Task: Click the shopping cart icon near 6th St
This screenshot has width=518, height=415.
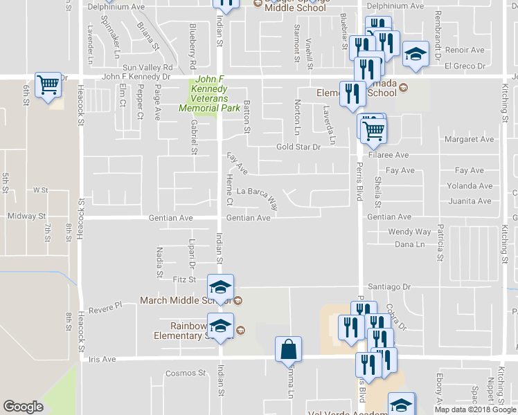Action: [48, 86]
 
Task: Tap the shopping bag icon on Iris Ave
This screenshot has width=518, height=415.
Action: [287, 349]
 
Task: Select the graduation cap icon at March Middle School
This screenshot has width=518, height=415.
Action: [221, 287]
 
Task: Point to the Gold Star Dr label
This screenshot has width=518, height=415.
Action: [298, 147]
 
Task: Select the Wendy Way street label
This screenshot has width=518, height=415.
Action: [409, 232]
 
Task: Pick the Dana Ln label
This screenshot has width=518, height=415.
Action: [409, 244]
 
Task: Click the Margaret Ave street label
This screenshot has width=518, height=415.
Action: [470, 139]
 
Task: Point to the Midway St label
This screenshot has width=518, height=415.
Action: [26, 216]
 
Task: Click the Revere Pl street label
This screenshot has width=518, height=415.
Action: [105, 304]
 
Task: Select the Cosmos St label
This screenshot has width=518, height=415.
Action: [186, 373]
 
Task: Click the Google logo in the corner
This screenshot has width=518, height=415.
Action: [23, 407]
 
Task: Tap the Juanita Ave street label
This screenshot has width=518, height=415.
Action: [470, 201]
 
